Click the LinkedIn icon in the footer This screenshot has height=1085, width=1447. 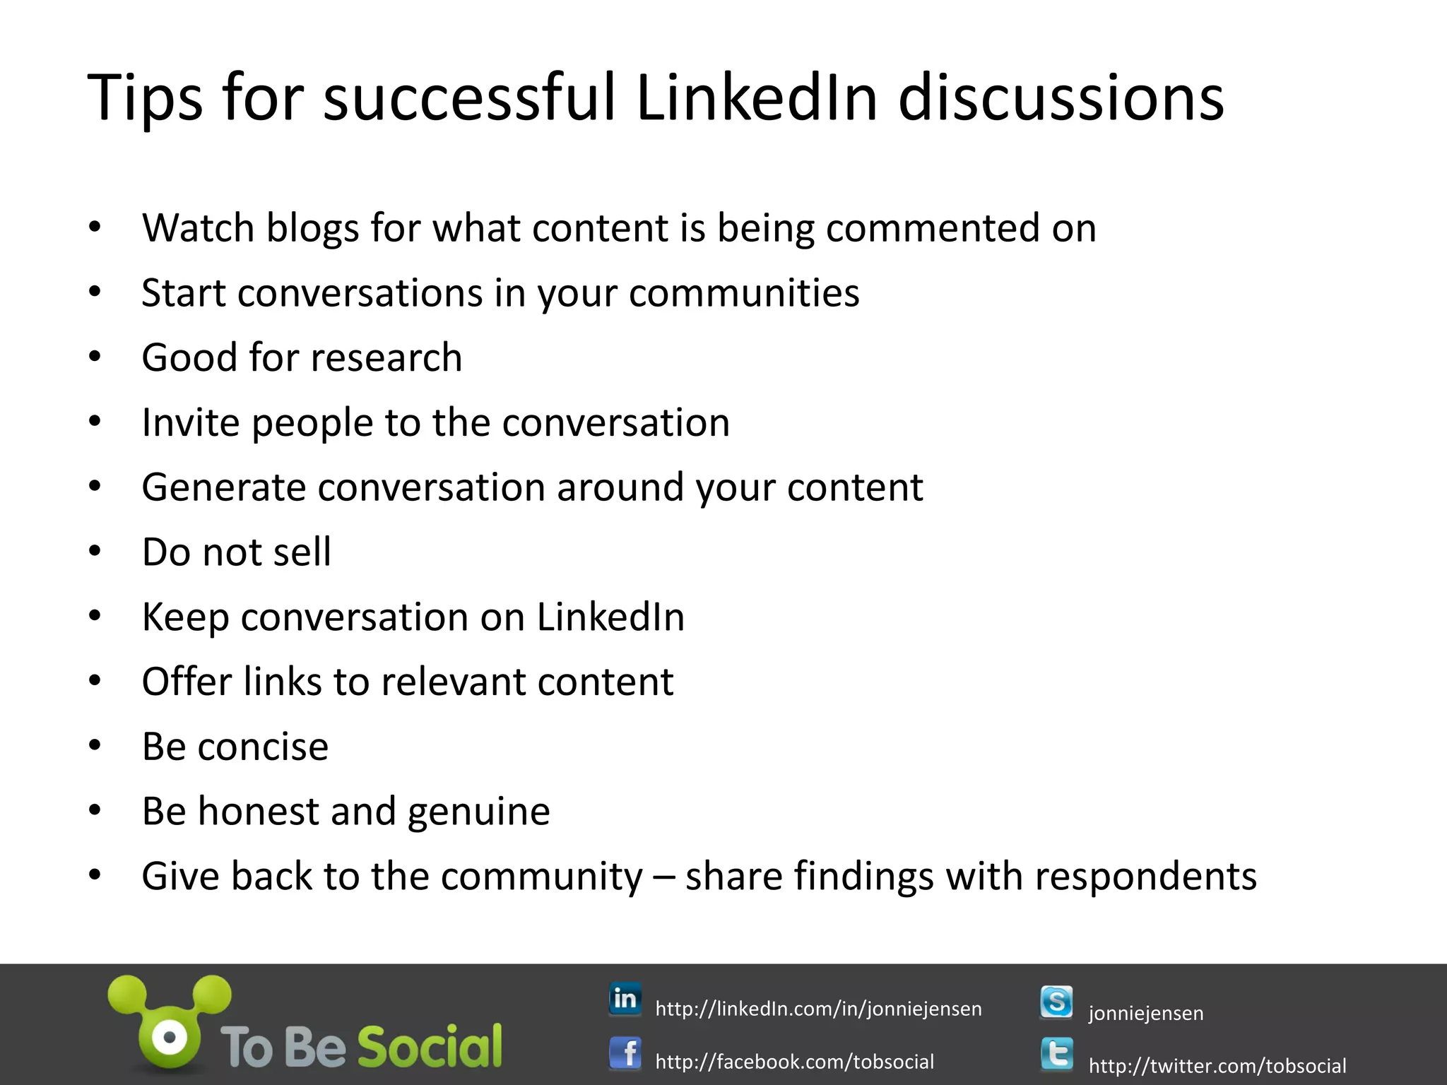click(x=625, y=999)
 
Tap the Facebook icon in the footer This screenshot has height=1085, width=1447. click(x=625, y=1054)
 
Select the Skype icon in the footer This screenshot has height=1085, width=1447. click(x=1056, y=1002)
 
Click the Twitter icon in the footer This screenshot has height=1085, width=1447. click(x=1056, y=1055)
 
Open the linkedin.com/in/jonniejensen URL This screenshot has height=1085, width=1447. click(x=818, y=1009)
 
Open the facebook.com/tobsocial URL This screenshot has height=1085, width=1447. click(x=794, y=1062)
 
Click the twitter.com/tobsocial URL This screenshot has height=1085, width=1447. click(x=1217, y=1065)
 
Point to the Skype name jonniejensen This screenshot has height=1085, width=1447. click(x=1145, y=1013)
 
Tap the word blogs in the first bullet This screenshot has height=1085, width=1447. click(x=312, y=229)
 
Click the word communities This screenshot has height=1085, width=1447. click(x=744, y=292)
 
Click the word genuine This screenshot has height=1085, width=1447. click(x=478, y=812)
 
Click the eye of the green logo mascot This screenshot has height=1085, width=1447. click(x=170, y=1037)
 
